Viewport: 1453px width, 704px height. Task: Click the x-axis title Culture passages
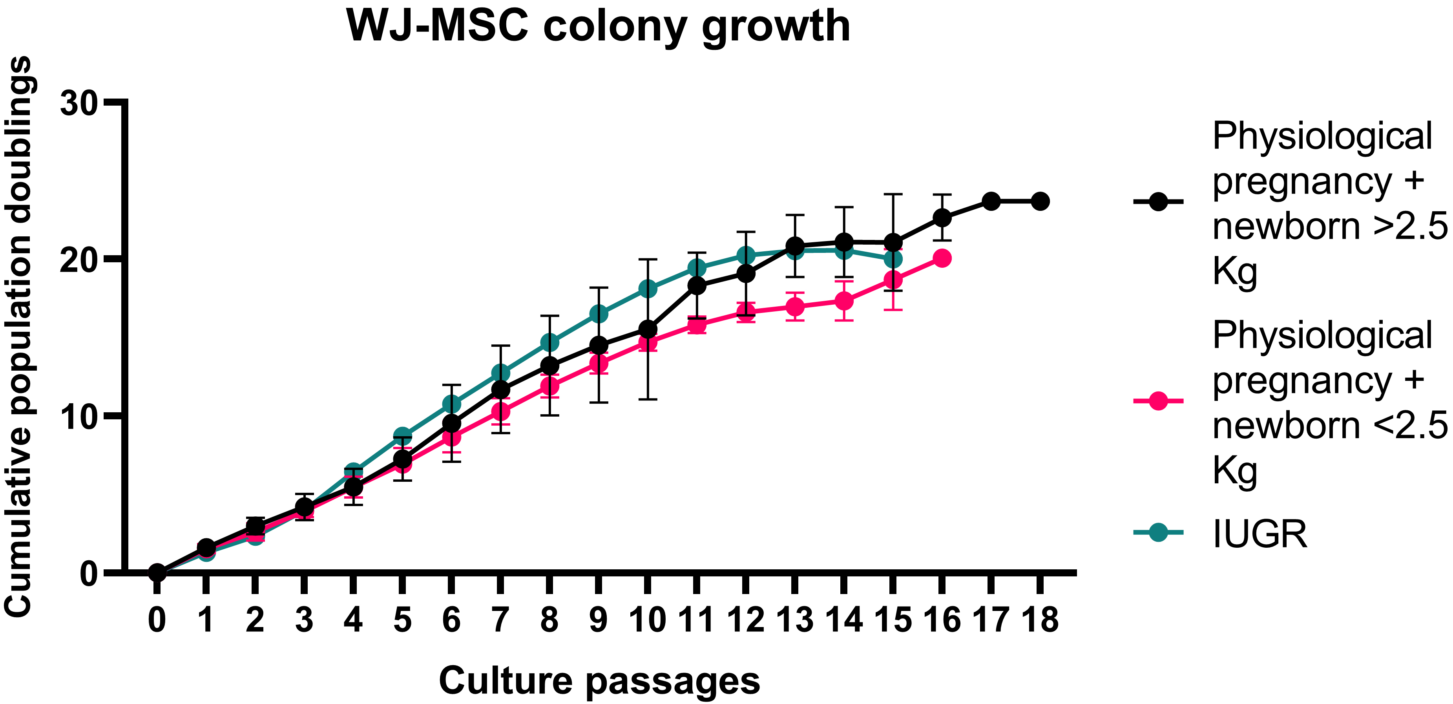pos(599,680)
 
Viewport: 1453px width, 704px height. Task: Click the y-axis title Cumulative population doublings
pos(18,337)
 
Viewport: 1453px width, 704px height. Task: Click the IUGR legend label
pos(1260,534)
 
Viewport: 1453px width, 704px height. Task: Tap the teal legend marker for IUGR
pos(1158,532)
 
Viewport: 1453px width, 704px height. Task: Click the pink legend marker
pos(1158,401)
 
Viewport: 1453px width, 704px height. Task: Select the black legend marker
pos(1158,201)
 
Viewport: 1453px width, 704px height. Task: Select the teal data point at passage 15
pos(893,259)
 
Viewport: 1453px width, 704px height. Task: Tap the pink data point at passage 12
pos(746,312)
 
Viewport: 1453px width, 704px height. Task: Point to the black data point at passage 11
pos(697,285)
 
